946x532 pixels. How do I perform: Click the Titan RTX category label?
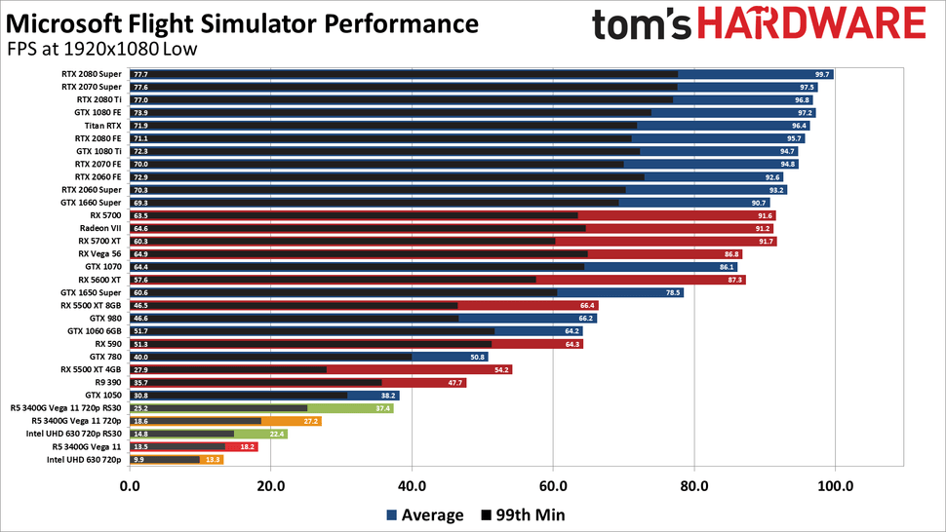101,126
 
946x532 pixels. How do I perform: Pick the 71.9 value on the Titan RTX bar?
140,126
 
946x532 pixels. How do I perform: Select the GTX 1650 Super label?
91,292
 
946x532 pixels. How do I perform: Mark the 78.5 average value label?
672,292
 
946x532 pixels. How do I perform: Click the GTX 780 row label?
105,357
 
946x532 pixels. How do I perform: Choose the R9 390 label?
107,382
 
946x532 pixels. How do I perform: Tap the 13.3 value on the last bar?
212,459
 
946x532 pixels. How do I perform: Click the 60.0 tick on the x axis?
552,483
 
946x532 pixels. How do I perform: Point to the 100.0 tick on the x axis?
834,483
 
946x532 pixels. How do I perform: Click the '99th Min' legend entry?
523,514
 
